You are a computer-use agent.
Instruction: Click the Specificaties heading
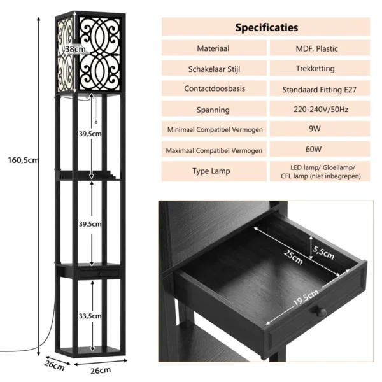(x=266, y=27)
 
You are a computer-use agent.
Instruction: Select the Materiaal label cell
(x=213, y=48)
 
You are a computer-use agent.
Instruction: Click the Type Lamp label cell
(x=213, y=171)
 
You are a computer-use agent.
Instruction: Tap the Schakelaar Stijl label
(x=213, y=69)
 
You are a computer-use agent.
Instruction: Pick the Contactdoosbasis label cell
(x=213, y=89)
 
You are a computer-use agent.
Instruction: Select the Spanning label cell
(x=213, y=110)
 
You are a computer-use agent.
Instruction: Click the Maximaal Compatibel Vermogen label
(x=213, y=150)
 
